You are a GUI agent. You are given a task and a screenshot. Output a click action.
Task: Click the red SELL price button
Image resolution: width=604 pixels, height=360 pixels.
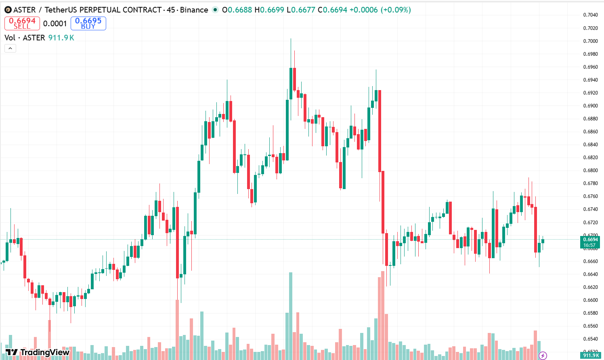[22, 23]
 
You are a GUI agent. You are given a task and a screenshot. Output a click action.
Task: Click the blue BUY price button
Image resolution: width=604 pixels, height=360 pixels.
[88, 23]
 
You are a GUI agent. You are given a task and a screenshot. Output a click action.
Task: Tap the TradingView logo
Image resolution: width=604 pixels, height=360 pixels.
[38, 352]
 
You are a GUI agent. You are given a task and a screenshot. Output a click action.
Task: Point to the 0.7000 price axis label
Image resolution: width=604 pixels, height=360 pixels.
[590, 41]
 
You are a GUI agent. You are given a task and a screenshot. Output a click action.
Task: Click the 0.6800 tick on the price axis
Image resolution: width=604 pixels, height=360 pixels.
[590, 171]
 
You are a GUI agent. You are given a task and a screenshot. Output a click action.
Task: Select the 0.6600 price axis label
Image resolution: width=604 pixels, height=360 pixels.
[590, 300]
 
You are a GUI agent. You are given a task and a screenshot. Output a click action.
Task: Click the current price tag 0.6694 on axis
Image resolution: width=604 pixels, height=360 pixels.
[590, 240]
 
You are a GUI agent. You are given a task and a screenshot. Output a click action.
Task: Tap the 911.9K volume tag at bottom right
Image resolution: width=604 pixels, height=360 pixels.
[591, 356]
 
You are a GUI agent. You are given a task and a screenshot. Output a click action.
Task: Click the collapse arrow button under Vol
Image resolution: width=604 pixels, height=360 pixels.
[10, 48]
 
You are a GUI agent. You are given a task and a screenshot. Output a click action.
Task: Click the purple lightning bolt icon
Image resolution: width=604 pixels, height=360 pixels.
[543, 356]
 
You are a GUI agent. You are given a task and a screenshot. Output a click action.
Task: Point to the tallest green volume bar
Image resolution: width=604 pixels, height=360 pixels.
[290, 315]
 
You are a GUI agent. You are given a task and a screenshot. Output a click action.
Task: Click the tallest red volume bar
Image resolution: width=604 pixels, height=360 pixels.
[383, 315]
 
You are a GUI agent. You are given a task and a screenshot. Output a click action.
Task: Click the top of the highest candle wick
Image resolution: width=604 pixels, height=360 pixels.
[291, 39]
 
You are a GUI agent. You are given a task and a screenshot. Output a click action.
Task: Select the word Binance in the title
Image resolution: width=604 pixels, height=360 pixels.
[194, 10]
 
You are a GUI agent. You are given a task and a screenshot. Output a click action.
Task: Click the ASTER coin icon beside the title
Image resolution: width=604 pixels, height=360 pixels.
[8, 10]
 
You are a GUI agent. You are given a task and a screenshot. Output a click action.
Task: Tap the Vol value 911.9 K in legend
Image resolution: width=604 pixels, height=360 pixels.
[61, 38]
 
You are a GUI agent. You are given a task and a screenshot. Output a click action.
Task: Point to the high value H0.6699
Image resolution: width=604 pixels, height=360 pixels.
[269, 10]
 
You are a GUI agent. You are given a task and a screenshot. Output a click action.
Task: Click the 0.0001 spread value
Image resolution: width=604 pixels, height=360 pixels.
[55, 23]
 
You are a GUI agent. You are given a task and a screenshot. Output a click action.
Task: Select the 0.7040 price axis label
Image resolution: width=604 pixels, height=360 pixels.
[590, 15]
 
